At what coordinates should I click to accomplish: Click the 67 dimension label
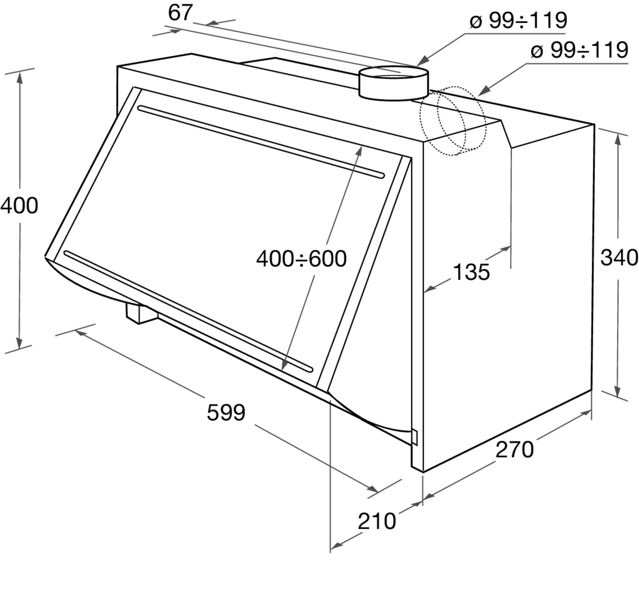(181, 13)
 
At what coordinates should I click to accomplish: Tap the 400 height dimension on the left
(19, 206)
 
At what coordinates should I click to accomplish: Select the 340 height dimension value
(619, 258)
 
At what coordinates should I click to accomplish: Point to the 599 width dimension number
(226, 412)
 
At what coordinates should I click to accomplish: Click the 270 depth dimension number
(514, 450)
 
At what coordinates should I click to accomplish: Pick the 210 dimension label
(377, 521)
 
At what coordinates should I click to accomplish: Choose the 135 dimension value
(471, 272)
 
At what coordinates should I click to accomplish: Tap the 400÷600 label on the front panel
(301, 259)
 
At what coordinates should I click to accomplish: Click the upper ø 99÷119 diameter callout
(518, 20)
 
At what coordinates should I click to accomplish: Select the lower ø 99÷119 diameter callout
(579, 50)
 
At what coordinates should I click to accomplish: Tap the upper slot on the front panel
(261, 142)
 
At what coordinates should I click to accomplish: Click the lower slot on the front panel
(188, 311)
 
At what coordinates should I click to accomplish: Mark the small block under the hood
(142, 313)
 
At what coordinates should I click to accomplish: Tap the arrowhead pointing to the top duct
(422, 61)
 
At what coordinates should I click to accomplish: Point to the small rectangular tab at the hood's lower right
(414, 437)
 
